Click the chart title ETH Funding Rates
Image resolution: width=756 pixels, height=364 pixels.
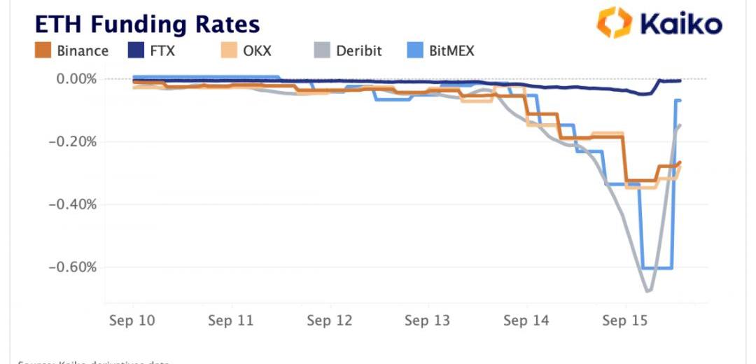[148, 24]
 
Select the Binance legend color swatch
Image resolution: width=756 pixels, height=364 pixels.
[45, 51]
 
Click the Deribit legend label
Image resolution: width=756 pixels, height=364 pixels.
[359, 51]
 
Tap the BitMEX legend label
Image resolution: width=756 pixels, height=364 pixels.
[452, 51]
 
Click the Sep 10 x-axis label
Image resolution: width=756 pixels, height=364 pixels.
[132, 321]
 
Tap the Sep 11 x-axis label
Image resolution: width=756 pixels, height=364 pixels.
[231, 321]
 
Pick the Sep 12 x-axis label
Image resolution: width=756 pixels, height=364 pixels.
[330, 321]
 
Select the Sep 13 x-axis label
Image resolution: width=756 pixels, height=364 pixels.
[428, 321]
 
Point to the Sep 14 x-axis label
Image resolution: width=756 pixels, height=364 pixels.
[526, 321]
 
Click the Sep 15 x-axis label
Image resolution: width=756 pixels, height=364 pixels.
[625, 321]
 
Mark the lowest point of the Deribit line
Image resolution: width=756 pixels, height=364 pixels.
[648, 290]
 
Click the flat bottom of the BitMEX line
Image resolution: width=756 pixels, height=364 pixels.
[657, 268]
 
